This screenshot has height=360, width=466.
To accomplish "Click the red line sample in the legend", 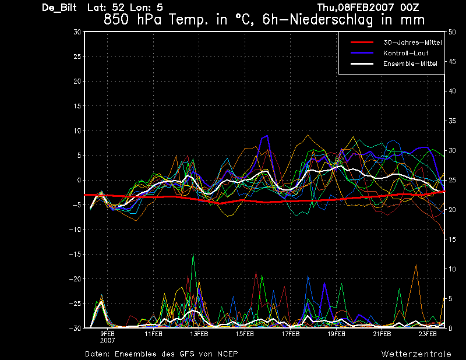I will coord(361,43).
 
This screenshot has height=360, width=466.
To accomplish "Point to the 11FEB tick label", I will coord(153,334).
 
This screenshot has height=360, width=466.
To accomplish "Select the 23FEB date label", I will coord(428,334).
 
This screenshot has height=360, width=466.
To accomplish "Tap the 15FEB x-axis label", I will coord(245,334).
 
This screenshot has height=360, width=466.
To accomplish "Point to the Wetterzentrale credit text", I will coord(416,354).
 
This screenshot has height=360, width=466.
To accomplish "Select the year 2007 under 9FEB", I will coord(107,340).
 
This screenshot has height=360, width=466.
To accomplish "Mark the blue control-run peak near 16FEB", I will coord(267,136).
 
